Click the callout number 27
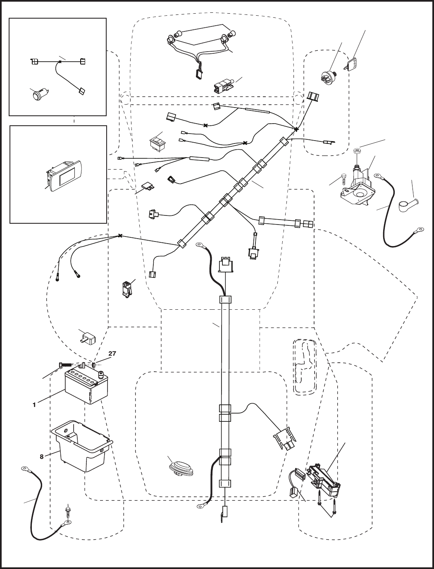(x=112, y=353)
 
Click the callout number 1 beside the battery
(x=34, y=405)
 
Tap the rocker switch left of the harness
(x=158, y=143)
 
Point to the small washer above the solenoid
(x=357, y=151)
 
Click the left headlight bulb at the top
(x=177, y=34)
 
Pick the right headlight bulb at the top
(x=231, y=34)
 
